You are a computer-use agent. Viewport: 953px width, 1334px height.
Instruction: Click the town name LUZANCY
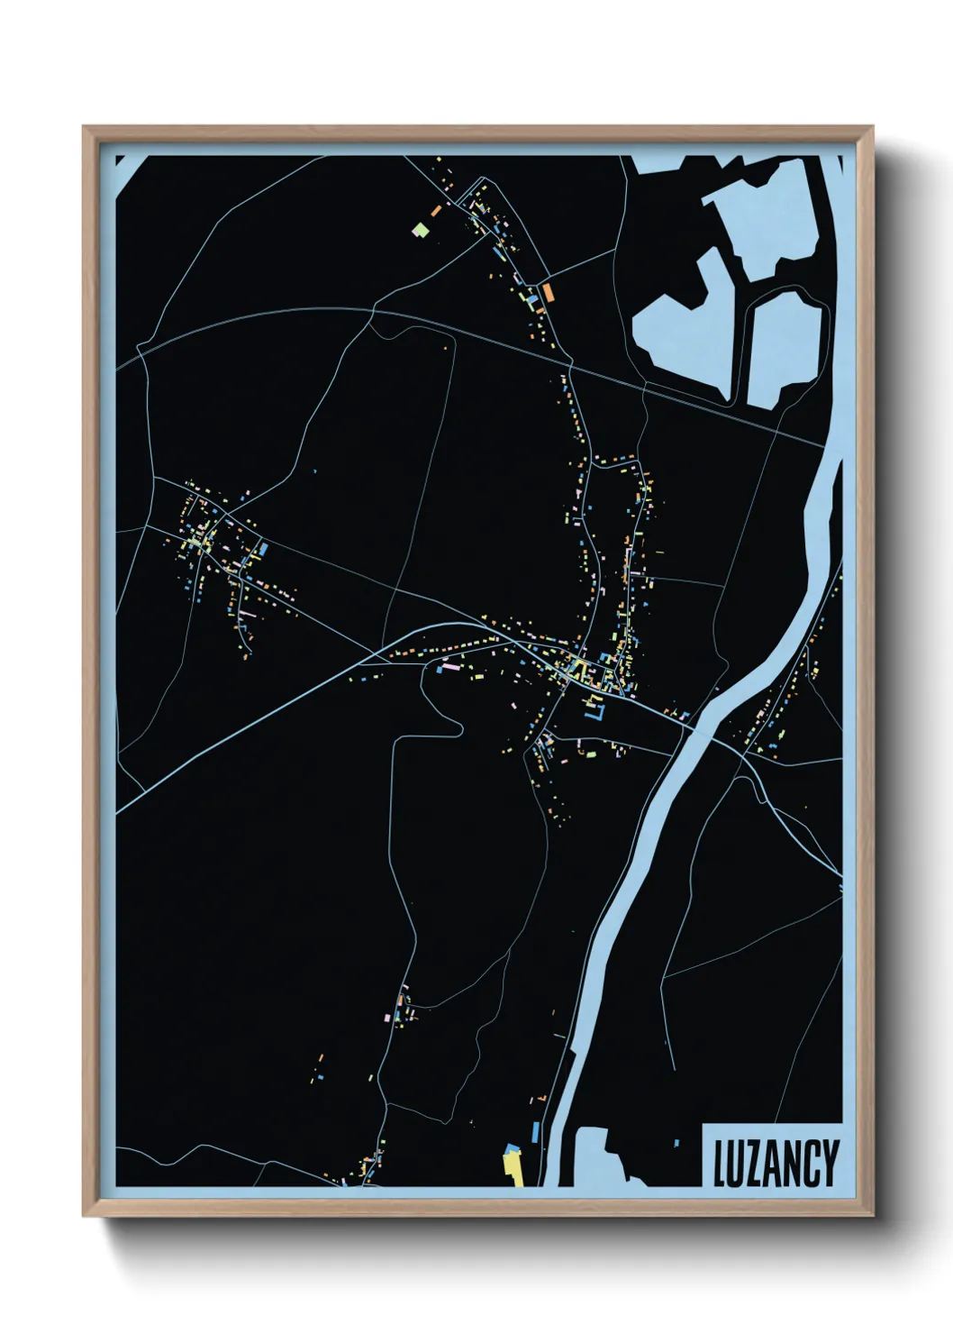pos(776,1163)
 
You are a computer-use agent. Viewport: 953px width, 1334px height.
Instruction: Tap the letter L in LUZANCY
pos(721,1163)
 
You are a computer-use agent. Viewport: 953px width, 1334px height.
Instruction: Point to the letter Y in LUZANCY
pos(830,1163)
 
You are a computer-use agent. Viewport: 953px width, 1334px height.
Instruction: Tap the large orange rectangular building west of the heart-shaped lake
pos(547,290)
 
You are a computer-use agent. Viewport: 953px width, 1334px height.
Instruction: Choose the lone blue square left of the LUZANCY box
pos(676,1143)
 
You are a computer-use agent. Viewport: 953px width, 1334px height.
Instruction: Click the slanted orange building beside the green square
pos(436,209)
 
